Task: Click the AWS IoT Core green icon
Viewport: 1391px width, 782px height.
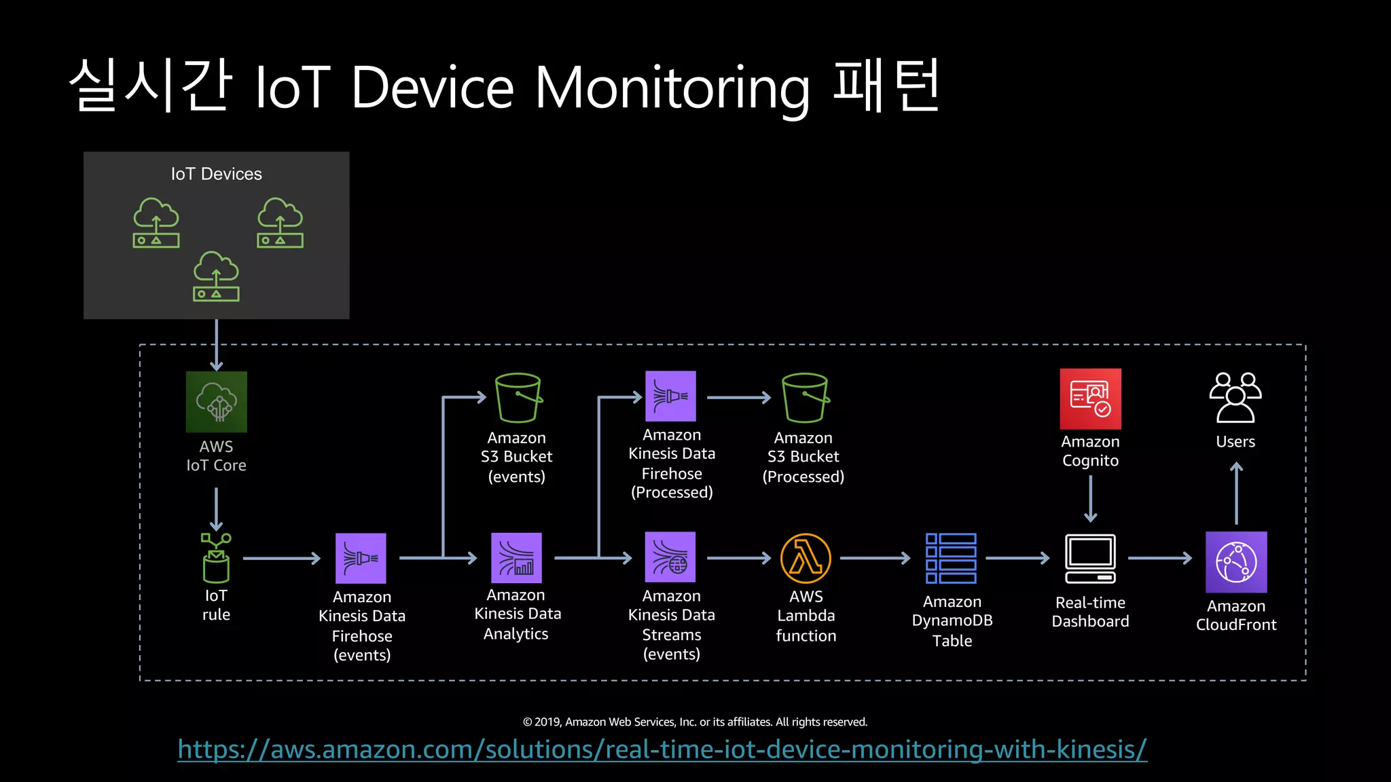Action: point(216,401)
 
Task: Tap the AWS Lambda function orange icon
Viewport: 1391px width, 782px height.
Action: point(806,558)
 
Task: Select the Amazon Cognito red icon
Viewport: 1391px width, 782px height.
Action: point(1090,398)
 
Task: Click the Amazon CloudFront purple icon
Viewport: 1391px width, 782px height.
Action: point(1235,562)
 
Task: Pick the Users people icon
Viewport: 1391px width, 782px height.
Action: point(1235,398)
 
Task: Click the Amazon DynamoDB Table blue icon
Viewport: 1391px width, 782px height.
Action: point(951,558)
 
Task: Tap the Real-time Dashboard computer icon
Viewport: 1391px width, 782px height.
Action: point(1089,559)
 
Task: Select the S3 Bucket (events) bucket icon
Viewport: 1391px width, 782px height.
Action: point(518,398)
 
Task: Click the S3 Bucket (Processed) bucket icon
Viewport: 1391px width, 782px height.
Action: point(804,398)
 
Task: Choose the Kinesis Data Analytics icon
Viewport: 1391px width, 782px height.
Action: point(516,558)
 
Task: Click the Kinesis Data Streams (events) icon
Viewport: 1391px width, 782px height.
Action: point(670,557)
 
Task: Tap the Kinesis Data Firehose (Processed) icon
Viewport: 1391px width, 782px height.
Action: point(670,396)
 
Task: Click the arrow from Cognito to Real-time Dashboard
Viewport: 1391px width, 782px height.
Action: point(1090,498)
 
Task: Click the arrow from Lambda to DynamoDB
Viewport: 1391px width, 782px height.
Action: point(875,558)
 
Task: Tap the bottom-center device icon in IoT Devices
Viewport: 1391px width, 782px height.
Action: point(216,276)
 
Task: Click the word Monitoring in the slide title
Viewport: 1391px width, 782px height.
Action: point(672,88)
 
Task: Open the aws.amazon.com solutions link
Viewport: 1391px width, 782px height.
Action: point(662,749)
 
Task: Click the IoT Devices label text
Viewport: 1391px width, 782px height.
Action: point(216,174)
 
